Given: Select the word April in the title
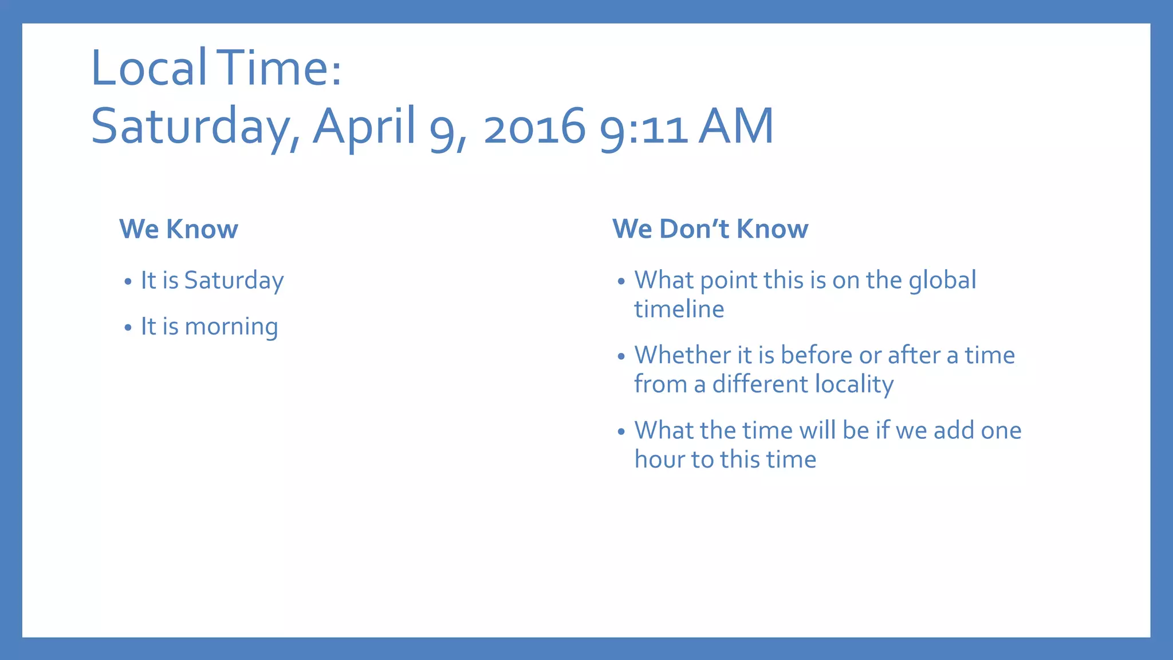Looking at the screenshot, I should pyautogui.click(x=364, y=127).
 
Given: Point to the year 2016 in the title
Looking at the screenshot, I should pyautogui.click(x=534, y=127).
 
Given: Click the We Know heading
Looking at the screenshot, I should pyautogui.click(x=178, y=229).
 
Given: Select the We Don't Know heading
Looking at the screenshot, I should pyautogui.click(x=710, y=229).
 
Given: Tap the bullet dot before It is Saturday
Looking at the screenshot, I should pyautogui.click(x=128, y=282).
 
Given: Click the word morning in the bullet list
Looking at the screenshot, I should pyautogui.click(x=231, y=327).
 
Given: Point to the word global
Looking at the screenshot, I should pyautogui.click(x=942, y=281).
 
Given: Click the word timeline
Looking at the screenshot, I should pyautogui.click(x=679, y=309).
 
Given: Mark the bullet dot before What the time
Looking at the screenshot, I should pyautogui.click(x=621, y=432).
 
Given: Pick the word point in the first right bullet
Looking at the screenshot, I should pyautogui.click(x=728, y=281).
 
